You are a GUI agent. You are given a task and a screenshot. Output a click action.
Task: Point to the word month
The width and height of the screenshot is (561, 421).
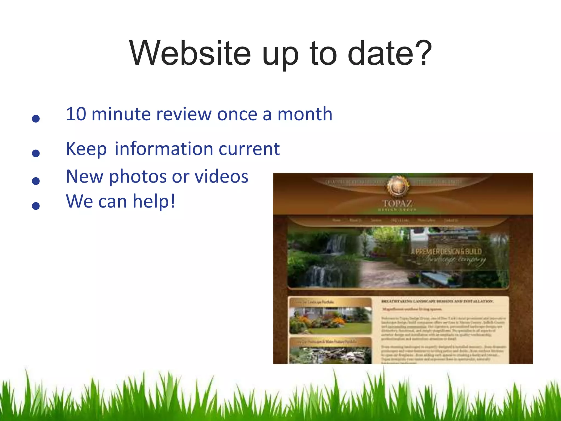tap(305, 114)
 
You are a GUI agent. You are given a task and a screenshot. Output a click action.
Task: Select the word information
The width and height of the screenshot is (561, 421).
tap(164, 149)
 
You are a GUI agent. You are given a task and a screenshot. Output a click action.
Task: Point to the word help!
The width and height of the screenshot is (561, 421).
tap(154, 201)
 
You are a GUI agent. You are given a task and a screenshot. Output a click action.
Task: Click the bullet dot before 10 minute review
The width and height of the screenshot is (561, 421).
tap(36, 118)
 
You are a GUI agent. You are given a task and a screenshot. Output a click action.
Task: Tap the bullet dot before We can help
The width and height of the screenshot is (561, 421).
tap(36, 206)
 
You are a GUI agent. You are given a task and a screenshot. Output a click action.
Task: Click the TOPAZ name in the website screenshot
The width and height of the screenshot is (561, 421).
tap(397, 204)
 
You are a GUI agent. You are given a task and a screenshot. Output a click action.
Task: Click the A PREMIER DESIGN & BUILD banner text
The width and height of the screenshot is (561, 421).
tap(446, 252)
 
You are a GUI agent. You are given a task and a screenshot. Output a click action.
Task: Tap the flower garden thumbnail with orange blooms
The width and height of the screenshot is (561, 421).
tap(330, 320)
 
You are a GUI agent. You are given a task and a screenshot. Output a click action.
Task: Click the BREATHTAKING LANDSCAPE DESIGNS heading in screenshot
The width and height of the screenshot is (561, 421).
tap(437, 301)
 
